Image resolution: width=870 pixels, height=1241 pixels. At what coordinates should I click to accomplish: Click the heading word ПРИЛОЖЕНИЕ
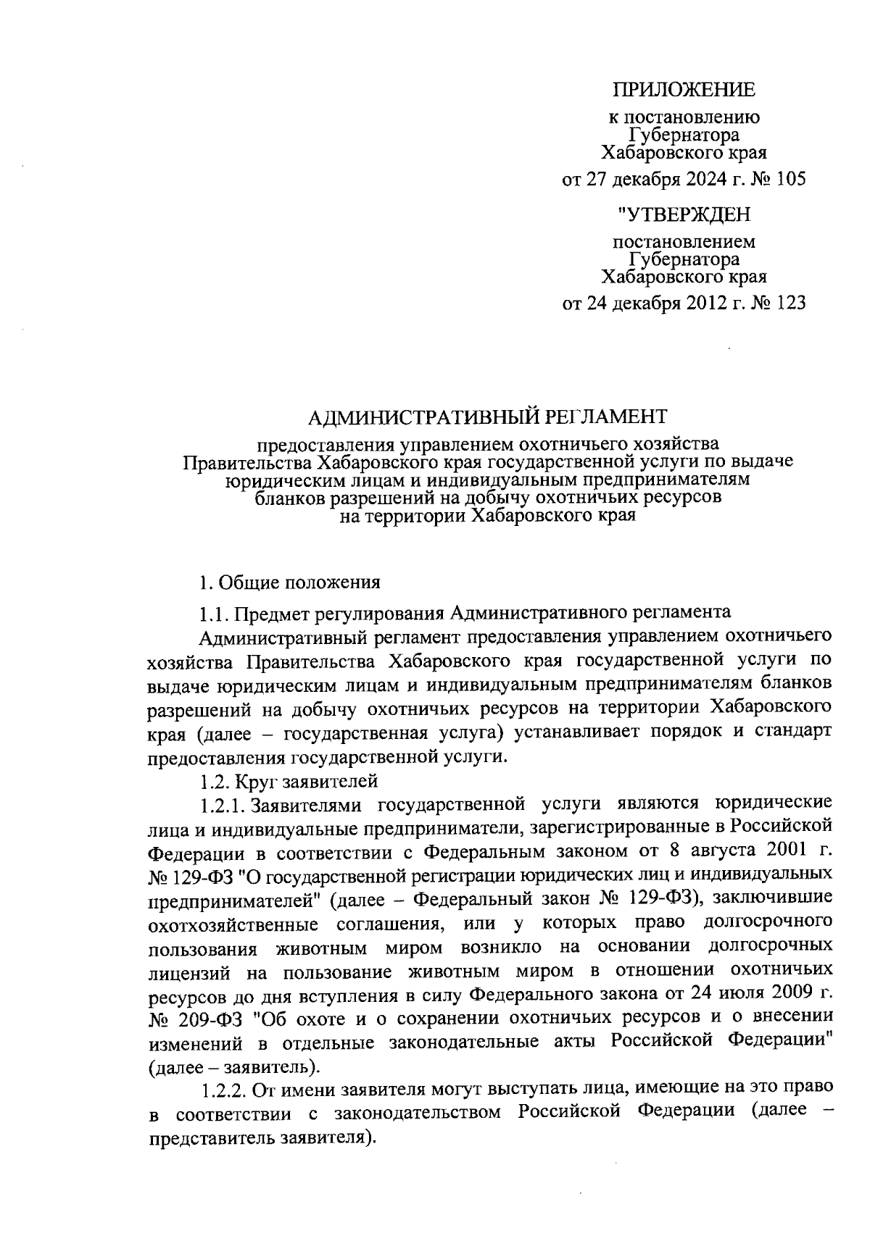[684, 90]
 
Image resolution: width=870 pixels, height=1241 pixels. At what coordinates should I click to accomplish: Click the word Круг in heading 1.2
[253, 781]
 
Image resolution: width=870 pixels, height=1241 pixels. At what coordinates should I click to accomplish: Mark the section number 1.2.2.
[225, 1089]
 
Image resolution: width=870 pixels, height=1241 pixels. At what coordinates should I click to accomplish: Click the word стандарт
[795, 732]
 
